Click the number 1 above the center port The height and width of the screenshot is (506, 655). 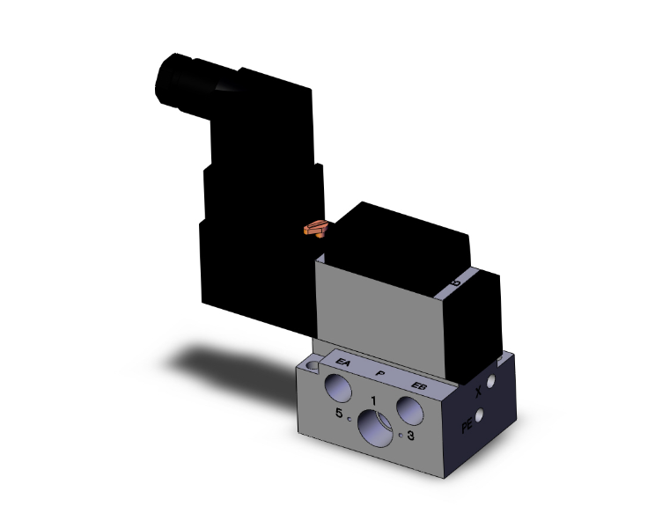click(374, 401)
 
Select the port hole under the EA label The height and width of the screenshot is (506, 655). click(338, 386)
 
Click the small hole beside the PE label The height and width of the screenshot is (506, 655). click(481, 416)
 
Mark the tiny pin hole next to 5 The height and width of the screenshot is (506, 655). click(350, 418)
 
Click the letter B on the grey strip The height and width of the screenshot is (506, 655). click(455, 282)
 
